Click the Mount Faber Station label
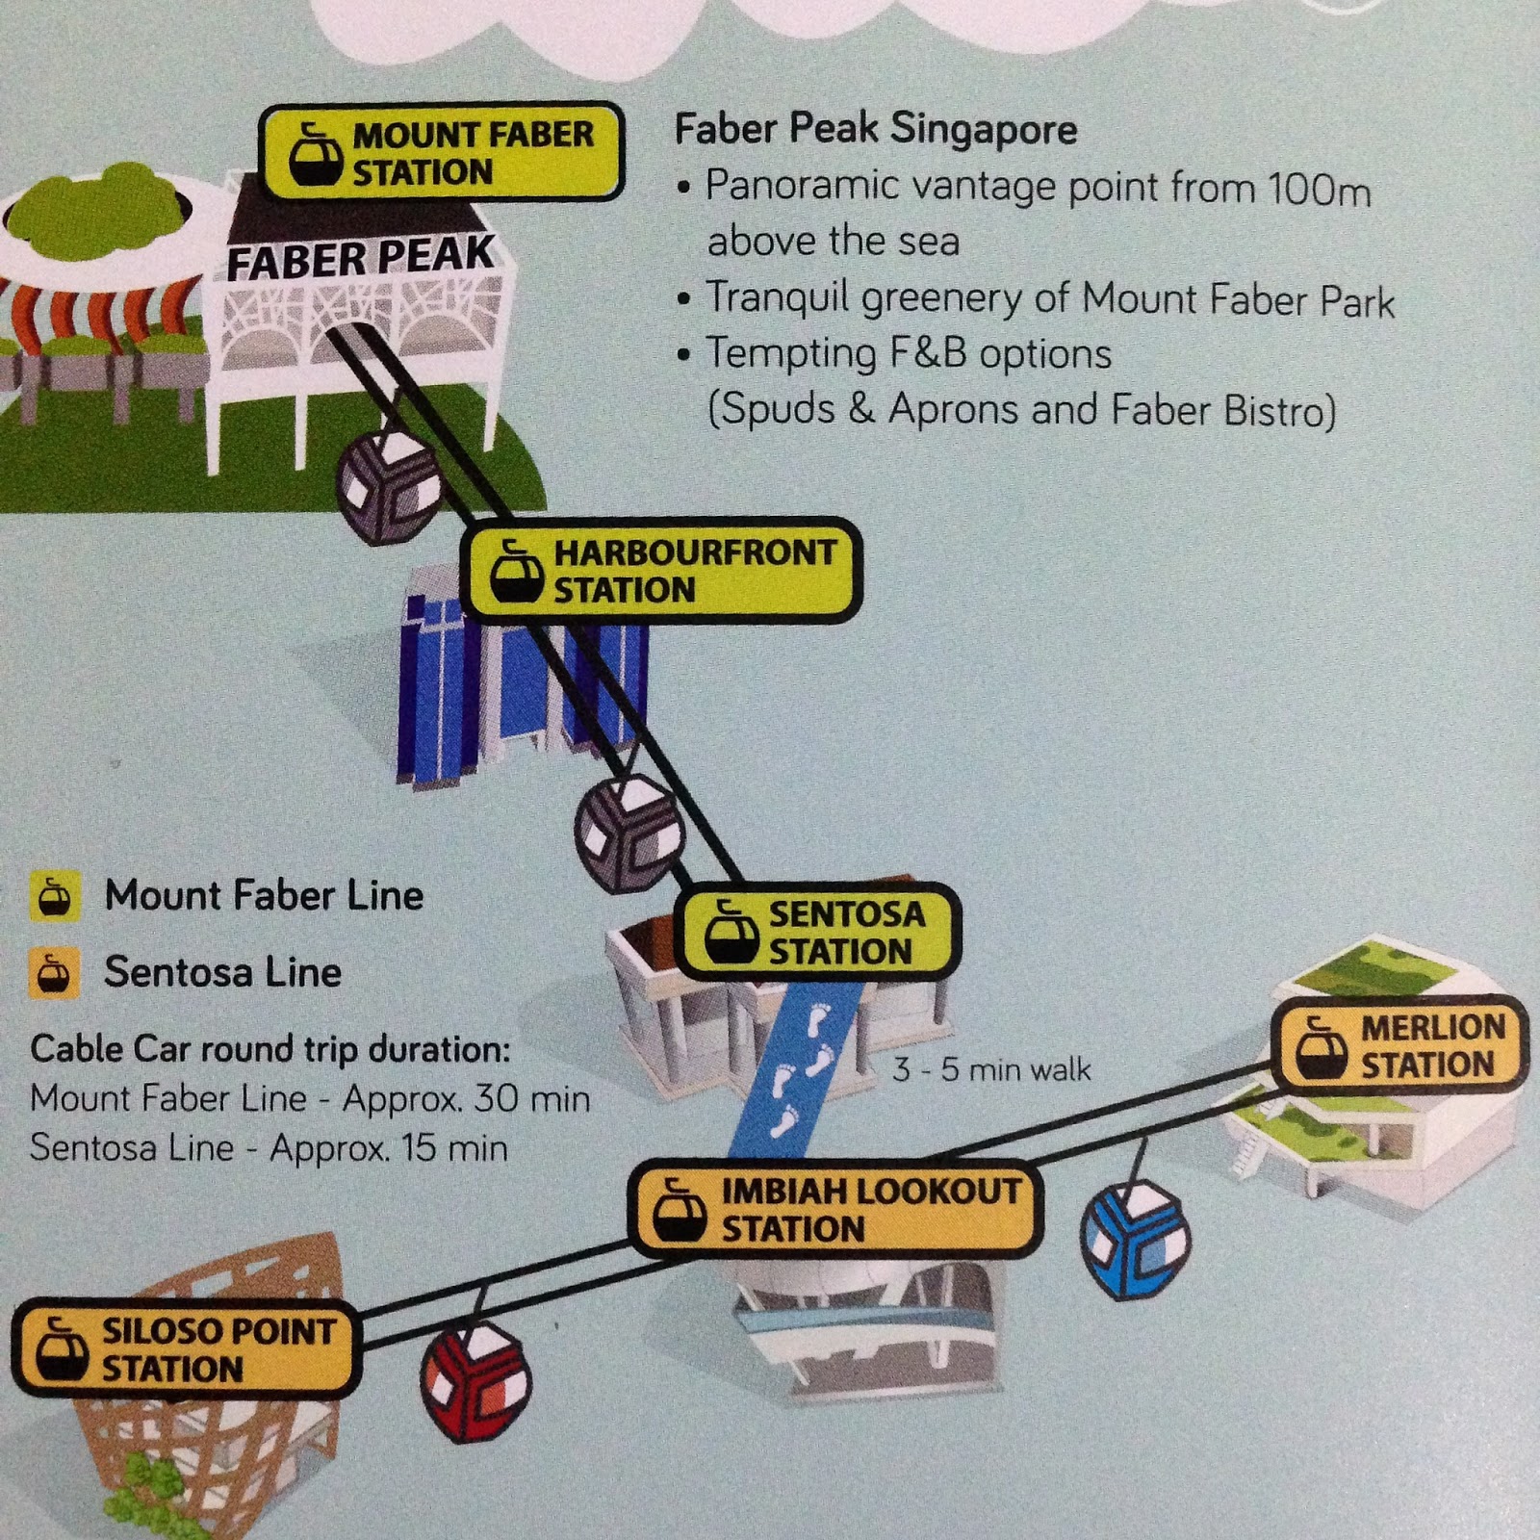[x=442, y=153]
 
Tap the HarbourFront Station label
[x=661, y=571]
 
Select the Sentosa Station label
[x=816, y=932]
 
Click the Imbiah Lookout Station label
[x=835, y=1210]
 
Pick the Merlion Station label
[x=1400, y=1046]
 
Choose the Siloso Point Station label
[x=186, y=1349]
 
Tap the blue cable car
[x=1136, y=1239]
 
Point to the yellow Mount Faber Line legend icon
[x=54, y=897]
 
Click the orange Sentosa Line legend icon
[x=54, y=973]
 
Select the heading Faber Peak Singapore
[x=875, y=129]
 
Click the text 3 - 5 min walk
[x=991, y=1069]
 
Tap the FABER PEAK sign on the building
[x=360, y=258]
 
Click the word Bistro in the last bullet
[x=1279, y=411]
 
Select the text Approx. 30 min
[x=466, y=1098]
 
